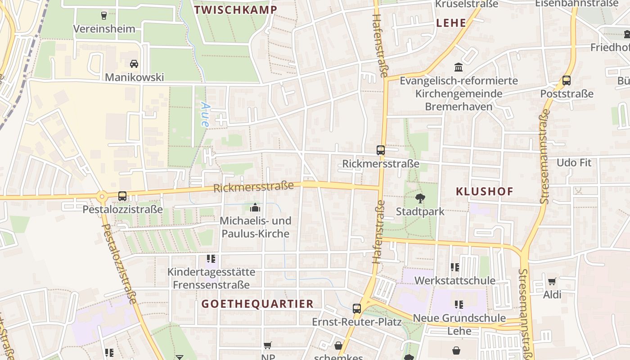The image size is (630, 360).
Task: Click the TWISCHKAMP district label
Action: click(235, 9)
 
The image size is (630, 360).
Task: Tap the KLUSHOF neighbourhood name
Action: click(484, 191)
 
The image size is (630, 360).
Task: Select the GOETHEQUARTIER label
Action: click(257, 304)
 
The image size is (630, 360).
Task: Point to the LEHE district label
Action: click(451, 23)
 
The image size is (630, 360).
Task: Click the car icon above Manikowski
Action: click(134, 64)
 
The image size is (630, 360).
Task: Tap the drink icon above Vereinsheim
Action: click(104, 15)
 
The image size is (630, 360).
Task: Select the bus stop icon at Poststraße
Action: click(567, 81)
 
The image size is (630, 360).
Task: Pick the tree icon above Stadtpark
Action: click(420, 198)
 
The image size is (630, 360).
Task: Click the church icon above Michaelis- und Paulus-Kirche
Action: click(255, 207)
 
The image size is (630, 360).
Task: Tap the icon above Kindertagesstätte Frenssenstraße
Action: click(211, 259)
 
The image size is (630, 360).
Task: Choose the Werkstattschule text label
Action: click(454, 281)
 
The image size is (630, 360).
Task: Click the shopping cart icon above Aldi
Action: click(552, 282)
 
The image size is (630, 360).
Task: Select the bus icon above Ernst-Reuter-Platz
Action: click(357, 309)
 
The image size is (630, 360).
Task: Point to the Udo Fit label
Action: click(574, 162)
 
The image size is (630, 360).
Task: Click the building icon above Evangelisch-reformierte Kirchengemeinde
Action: click(459, 67)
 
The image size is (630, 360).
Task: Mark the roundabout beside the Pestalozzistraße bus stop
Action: click(102, 196)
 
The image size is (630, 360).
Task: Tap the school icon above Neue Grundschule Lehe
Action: click(459, 305)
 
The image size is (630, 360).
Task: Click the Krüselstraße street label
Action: click(467, 4)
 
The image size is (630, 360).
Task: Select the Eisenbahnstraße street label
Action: click(576, 4)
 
